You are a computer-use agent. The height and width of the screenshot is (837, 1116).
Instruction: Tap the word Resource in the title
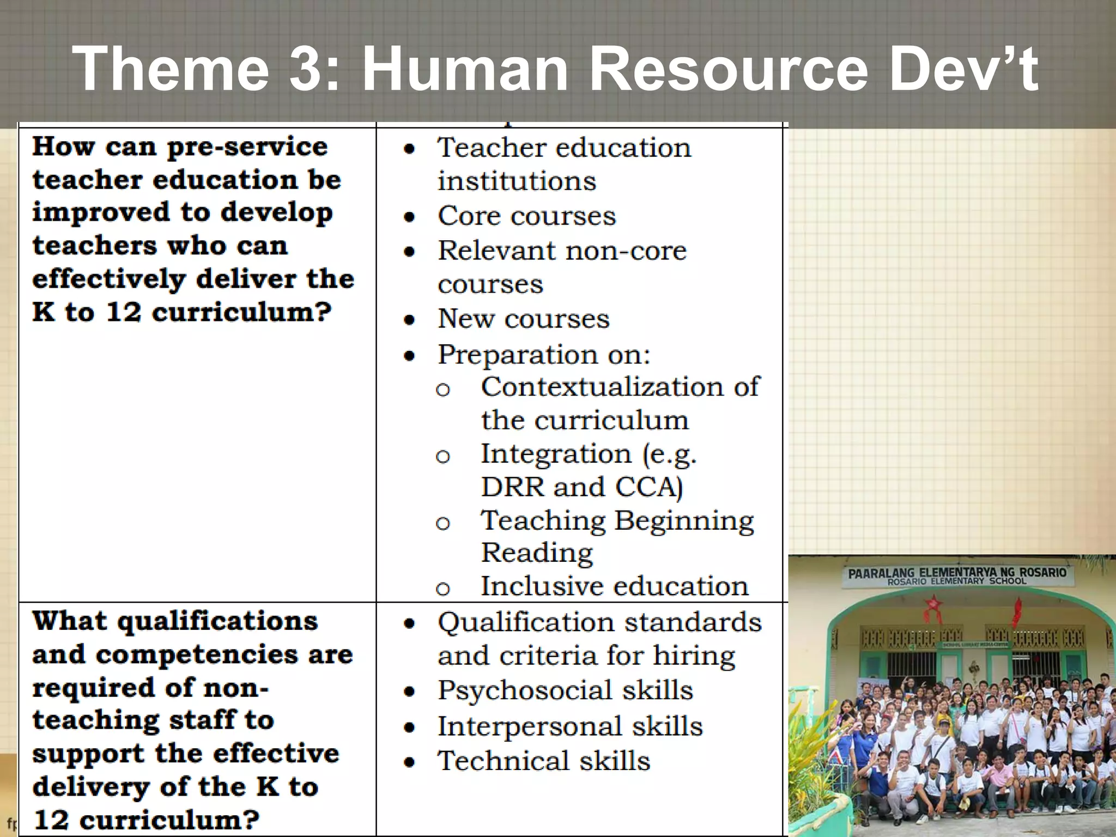coord(729,70)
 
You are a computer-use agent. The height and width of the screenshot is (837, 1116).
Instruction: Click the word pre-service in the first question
coord(247,147)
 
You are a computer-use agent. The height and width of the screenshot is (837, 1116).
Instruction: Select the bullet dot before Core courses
coord(410,217)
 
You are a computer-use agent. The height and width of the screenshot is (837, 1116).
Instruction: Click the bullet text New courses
coord(524,319)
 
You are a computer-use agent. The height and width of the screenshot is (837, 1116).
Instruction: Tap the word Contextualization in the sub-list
coord(600,387)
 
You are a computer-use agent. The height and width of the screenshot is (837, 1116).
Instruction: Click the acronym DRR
coord(512,487)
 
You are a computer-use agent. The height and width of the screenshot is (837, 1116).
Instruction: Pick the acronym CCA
coord(647,487)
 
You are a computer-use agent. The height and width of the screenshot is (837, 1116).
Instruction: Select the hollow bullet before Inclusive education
coord(443,589)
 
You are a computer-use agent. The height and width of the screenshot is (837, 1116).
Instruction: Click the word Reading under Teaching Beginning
coord(537,553)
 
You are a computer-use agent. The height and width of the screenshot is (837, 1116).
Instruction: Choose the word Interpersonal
coord(530,726)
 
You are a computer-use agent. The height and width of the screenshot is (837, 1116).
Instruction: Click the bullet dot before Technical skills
coord(410,762)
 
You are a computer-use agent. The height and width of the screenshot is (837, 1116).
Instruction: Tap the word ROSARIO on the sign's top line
coord(1042,572)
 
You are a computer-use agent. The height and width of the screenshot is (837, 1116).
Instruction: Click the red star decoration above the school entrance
coord(933,604)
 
